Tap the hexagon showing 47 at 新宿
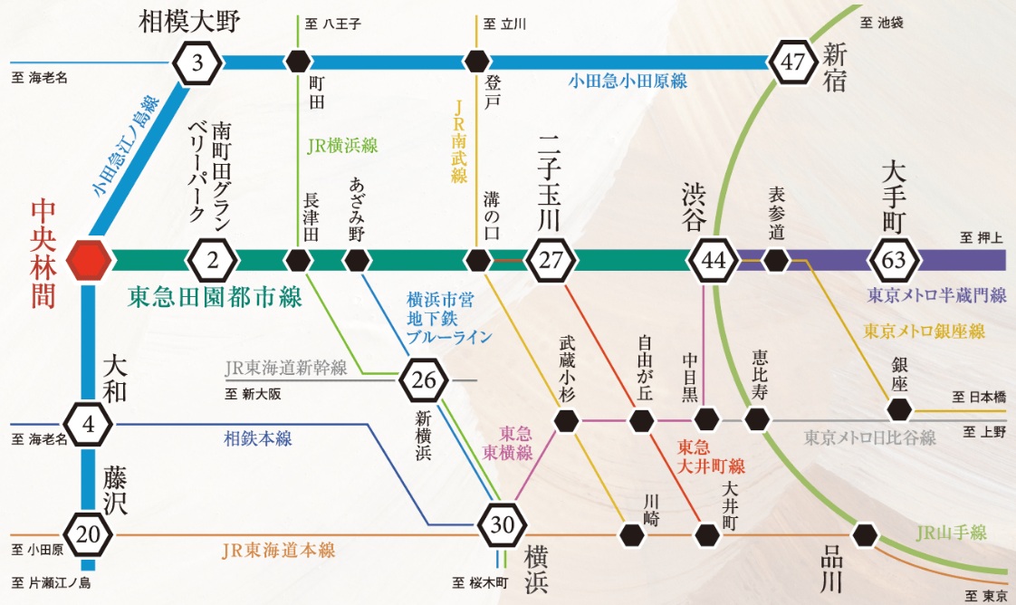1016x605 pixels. coord(793,62)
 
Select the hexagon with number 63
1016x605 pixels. coord(893,261)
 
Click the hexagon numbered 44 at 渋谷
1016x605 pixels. coord(714,261)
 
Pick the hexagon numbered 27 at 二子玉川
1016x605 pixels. coord(551,261)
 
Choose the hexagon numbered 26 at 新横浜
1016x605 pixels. coord(424,380)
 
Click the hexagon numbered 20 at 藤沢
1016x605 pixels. coord(89,534)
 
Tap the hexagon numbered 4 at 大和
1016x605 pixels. coord(89,423)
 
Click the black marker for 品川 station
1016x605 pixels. coord(866,534)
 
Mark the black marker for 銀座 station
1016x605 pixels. coord(899,409)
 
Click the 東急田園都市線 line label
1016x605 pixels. coord(215,297)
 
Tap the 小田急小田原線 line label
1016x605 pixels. coord(628,81)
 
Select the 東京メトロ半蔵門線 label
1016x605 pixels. coord(936,295)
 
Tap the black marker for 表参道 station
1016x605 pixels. coord(775,261)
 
